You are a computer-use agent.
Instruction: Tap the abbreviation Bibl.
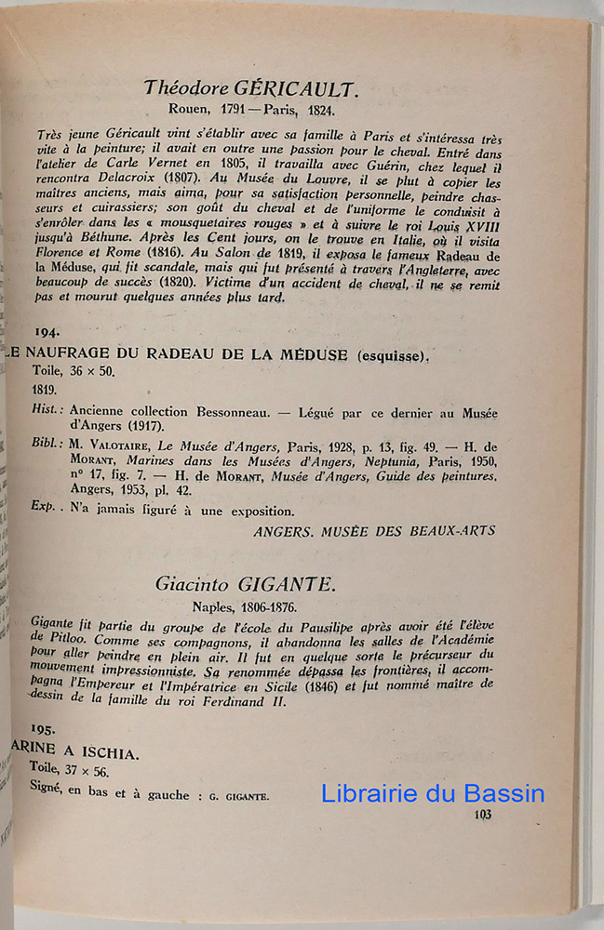[x=46, y=444]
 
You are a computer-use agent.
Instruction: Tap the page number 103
[x=482, y=816]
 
